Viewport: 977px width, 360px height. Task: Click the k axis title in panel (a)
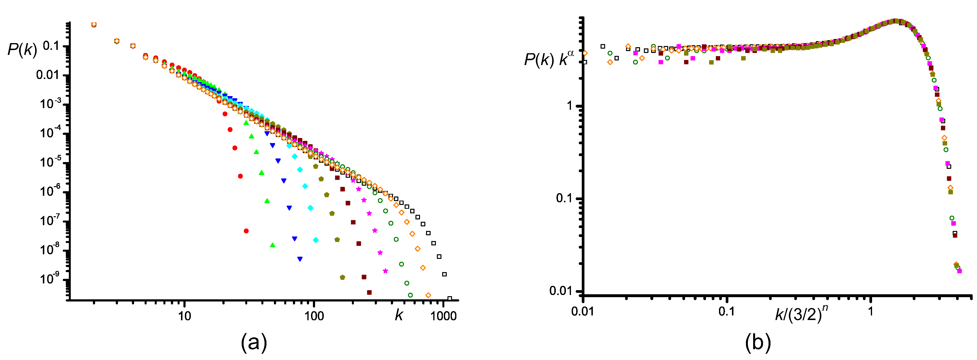(399, 315)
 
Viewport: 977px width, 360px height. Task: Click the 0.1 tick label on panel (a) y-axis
(51, 46)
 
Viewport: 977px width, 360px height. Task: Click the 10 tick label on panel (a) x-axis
(184, 316)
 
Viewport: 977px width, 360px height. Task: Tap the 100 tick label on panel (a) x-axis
(314, 316)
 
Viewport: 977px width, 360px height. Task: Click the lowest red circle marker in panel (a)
(246, 231)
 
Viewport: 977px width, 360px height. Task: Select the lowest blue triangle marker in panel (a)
(300, 259)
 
